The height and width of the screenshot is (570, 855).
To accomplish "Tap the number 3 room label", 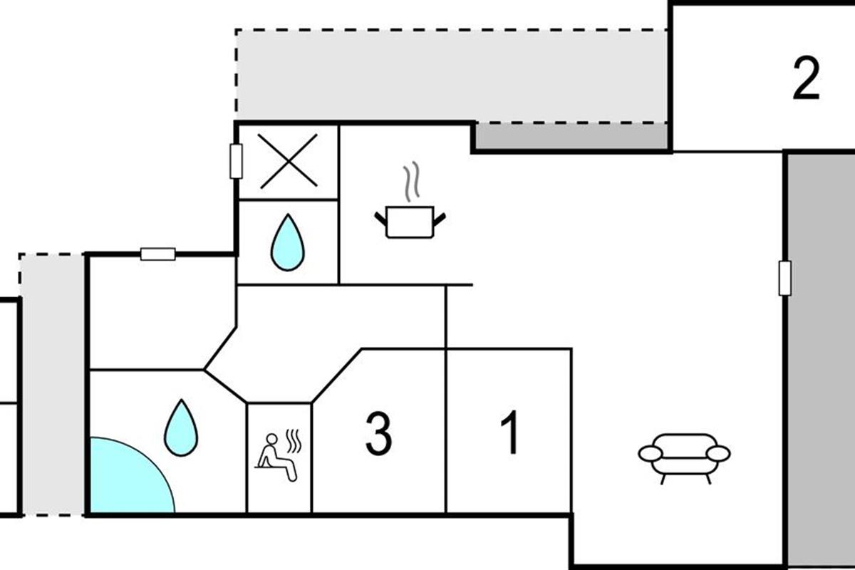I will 378,434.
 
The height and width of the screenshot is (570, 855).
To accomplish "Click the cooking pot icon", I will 410,221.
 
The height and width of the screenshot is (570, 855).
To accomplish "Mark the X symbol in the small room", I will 289,162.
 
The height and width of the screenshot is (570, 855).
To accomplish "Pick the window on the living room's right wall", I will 784,278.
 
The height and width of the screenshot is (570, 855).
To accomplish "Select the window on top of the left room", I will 157,254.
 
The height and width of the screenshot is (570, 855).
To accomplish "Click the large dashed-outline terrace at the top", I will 449,75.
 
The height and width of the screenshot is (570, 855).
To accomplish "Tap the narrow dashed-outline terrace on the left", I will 51,385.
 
